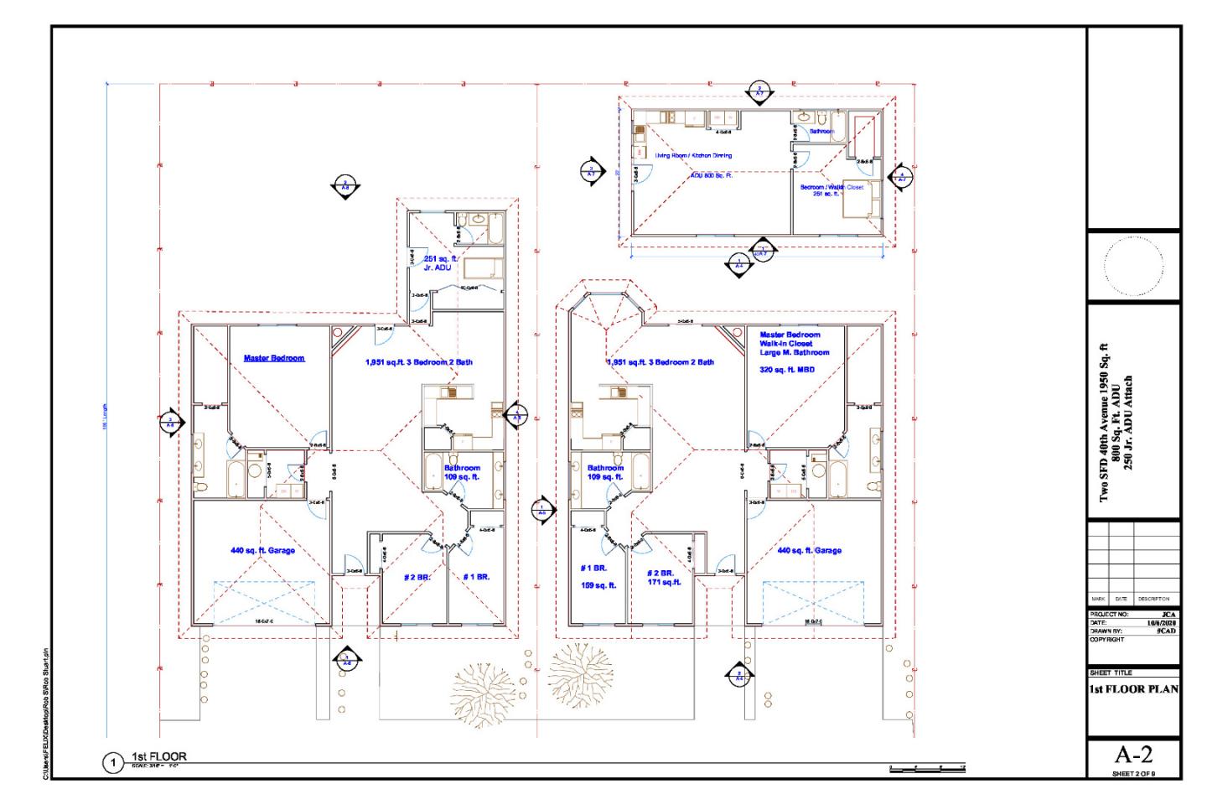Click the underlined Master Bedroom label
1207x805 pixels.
pos(274,358)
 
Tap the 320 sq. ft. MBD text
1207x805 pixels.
pos(787,370)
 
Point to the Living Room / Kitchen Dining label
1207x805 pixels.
pos(693,155)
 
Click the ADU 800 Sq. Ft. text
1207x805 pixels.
pos(711,175)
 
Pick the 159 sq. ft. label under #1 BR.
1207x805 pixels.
pos(598,585)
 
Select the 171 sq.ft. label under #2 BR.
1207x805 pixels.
pos(664,582)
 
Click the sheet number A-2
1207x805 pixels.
pos(1133,753)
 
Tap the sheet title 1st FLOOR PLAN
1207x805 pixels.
pos(1133,689)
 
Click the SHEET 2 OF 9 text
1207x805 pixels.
pos(1133,773)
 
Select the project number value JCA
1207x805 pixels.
pos(1168,615)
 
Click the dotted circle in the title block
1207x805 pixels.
pos(1133,267)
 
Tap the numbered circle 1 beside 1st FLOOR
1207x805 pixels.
pos(112,763)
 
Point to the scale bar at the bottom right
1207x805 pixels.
pos(927,767)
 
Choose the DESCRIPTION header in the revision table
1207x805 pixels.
pos(1153,599)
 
